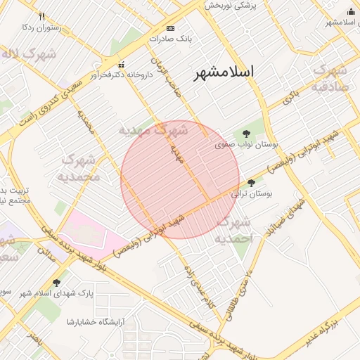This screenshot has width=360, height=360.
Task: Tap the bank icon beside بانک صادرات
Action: (x=170, y=28)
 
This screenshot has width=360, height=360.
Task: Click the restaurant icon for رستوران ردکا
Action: (x=42, y=16)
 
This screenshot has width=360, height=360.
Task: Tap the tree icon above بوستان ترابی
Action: (x=251, y=182)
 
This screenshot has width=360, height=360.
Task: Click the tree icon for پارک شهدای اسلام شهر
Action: (x=57, y=282)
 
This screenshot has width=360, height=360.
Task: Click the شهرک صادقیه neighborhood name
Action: (x=328, y=78)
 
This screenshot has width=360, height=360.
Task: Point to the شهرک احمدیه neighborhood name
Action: (x=235, y=231)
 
